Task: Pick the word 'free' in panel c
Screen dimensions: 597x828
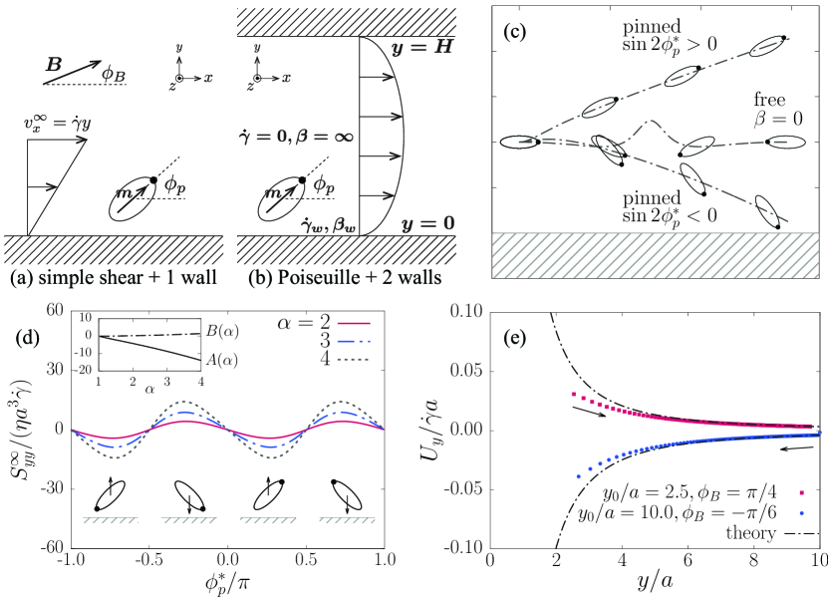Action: [x=771, y=103]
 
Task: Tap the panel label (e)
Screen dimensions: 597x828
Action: [x=513, y=336]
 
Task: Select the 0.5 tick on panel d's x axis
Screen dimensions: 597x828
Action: [x=307, y=561]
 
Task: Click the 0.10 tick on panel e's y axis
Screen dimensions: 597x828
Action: [x=462, y=312]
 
